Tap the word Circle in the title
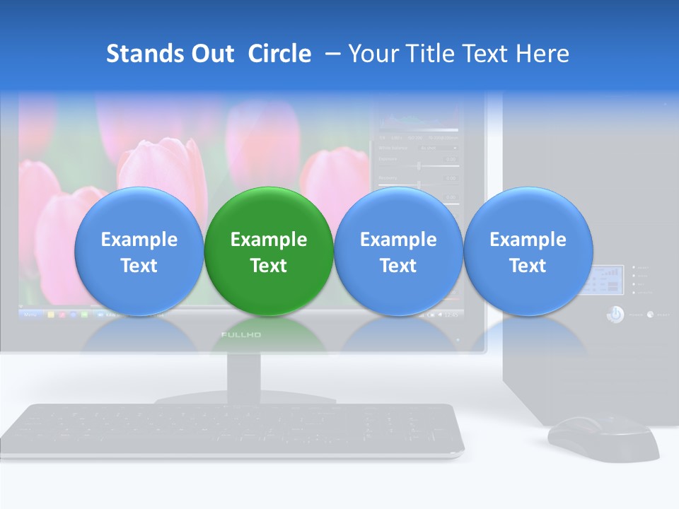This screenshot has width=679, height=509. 279,54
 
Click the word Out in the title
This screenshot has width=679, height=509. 211,54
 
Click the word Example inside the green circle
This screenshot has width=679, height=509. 269,240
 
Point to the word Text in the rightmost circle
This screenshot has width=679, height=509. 528,266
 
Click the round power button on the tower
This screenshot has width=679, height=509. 615,314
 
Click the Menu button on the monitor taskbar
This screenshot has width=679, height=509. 31,313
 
